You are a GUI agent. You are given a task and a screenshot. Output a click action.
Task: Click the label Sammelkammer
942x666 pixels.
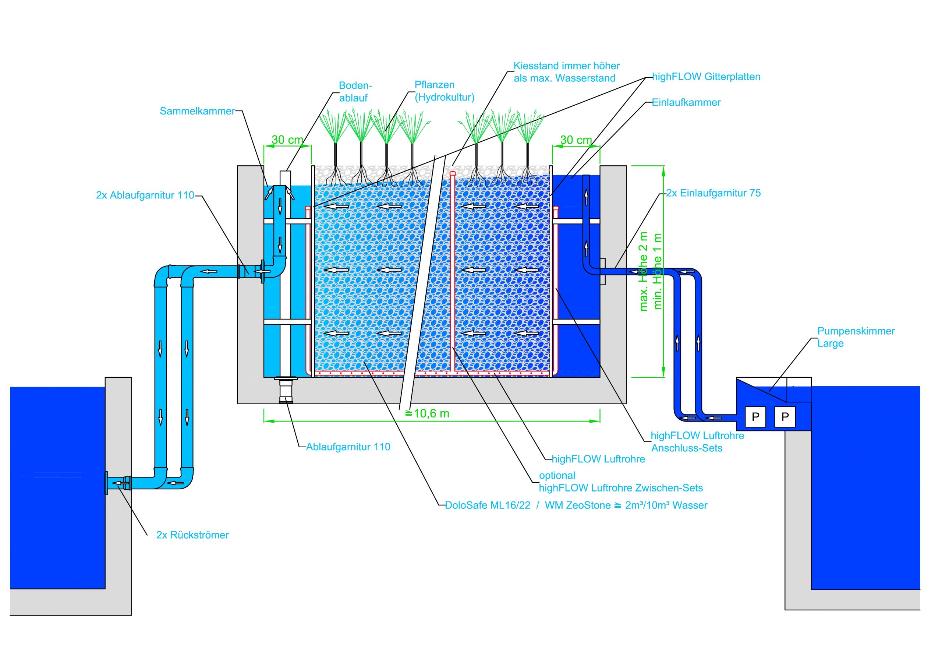(x=197, y=111)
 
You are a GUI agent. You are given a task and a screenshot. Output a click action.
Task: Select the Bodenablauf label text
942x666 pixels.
(x=354, y=92)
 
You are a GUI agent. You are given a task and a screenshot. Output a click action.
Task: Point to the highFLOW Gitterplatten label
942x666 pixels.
(x=706, y=77)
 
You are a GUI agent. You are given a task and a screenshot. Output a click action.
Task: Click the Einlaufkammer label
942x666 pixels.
(x=686, y=103)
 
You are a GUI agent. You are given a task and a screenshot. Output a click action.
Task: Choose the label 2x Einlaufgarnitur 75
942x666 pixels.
(x=713, y=193)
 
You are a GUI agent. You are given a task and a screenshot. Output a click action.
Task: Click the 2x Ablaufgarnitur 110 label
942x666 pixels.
(x=145, y=195)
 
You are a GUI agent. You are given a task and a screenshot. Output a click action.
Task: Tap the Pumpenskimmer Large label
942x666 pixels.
(x=856, y=337)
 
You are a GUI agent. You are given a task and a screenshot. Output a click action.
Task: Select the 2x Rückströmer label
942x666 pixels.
(x=192, y=535)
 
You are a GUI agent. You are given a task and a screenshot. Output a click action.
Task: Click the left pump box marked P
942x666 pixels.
(x=755, y=417)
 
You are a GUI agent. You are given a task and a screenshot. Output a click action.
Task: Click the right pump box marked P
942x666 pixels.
(x=785, y=417)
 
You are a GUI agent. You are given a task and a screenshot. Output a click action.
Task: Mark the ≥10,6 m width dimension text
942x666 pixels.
(x=428, y=413)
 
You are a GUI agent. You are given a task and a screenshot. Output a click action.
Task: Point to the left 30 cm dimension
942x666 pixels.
(x=287, y=140)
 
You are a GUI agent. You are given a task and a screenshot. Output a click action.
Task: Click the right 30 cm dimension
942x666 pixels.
(x=576, y=140)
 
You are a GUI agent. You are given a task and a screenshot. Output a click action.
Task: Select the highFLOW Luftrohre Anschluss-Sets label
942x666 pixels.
(x=697, y=442)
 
